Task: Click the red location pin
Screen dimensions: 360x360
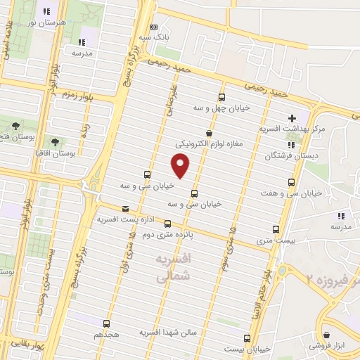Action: (181, 165)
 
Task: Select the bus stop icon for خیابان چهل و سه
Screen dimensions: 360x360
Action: (222, 98)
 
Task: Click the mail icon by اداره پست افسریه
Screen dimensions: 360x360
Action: (126, 207)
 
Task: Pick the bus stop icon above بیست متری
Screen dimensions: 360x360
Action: (275, 229)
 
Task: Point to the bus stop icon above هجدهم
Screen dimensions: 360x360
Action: (106, 323)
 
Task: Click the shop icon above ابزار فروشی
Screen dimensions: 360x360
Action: (326, 335)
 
